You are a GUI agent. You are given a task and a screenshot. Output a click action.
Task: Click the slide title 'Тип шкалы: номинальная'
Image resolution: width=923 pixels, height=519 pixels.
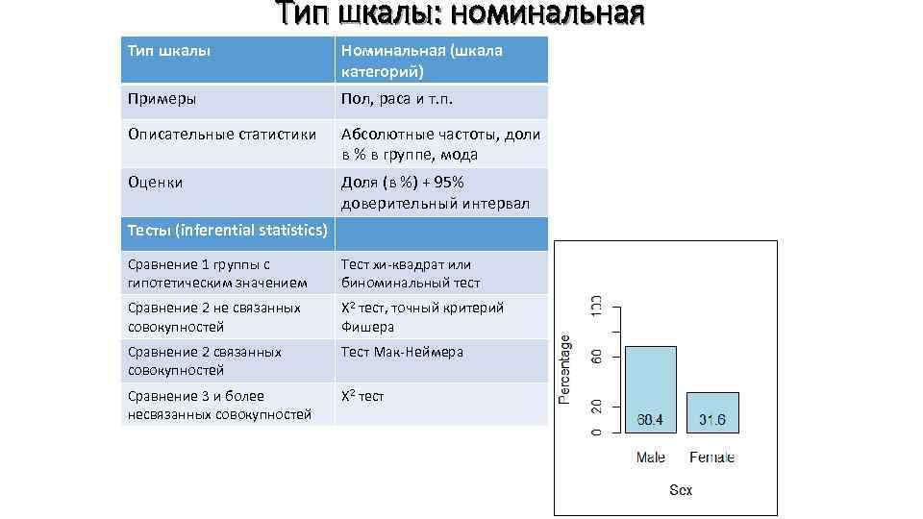pyautogui.click(x=460, y=14)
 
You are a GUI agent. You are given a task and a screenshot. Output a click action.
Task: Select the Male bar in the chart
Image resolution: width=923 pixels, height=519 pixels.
pyautogui.click(x=651, y=384)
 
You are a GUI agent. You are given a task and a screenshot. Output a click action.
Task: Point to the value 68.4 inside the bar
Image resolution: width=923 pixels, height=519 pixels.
pyautogui.click(x=651, y=420)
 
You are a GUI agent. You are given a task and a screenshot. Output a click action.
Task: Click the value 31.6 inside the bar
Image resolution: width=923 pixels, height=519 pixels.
pyautogui.click(x=712, y=420)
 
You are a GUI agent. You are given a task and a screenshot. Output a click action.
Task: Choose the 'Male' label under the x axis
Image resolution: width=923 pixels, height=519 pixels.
pyautogui.click(x=651, y=457)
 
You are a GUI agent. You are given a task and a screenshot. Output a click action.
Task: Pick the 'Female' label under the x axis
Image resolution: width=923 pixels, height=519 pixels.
pyautogui.click(x=712, y=457)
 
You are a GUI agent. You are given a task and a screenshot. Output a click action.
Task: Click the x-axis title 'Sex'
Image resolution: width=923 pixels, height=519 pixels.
pyautogui.click(x=681, y=490)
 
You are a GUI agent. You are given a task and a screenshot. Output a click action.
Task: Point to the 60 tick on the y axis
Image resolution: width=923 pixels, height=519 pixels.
pyautogui.click(x=596, y=357)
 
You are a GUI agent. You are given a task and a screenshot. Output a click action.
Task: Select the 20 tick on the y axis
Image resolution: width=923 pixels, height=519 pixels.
pyautogui.click(x=596, y=408)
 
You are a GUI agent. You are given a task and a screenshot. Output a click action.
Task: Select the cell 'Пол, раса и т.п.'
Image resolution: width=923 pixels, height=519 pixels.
pyautogui.click(x=396, y=98)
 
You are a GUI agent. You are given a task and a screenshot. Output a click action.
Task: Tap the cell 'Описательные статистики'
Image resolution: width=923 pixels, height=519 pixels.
pyautogui.click(x=221, y=135)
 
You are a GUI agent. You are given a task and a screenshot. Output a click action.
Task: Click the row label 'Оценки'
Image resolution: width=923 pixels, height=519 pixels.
pyautogui.click(x=155, y=182)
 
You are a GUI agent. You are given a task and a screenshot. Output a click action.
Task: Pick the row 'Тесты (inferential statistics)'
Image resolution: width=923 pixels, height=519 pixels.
pyautogui.click(x=227, y=230)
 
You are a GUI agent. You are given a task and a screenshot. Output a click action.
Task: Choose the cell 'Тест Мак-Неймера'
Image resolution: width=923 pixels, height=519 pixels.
pyautogui.click(x=402, y=352)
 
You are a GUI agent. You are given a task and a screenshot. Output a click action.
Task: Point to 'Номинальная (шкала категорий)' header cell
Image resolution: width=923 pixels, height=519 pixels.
pyautogui.click(x=421, y=60)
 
